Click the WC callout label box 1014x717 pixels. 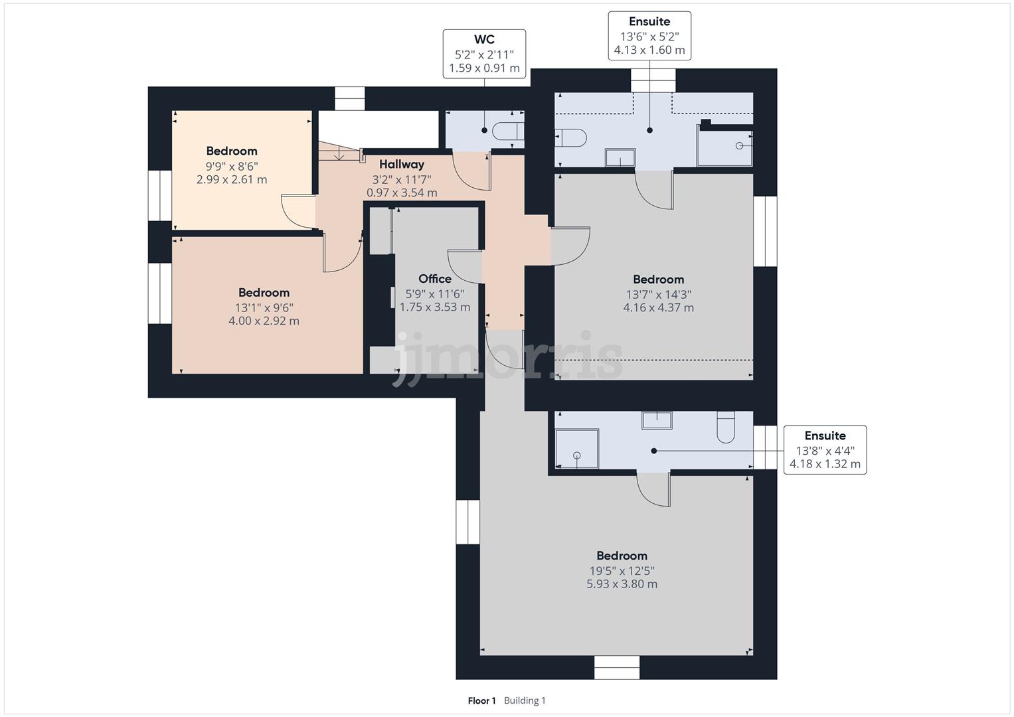coord(484,54)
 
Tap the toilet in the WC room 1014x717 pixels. coord(508,131)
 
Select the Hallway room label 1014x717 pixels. coord(402,164)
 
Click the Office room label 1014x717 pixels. coord(435,279)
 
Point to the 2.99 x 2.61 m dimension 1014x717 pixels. coord(232,179)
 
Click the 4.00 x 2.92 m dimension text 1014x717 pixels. coord(264,321)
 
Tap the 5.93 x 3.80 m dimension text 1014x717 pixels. coord(622,584)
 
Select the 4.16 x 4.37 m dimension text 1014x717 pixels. coord(658,307)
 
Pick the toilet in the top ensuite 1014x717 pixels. coord(571,137)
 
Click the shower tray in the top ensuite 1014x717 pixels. coord(724,145)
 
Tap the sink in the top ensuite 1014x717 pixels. coord(620,158)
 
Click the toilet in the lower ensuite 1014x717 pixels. coord(726,428)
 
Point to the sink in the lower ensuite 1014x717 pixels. coord(657,420)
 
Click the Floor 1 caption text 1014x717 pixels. coord(481,700)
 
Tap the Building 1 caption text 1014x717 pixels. coord(525,700)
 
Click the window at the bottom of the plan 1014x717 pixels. coord(617,667)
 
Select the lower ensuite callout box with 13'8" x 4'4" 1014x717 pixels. coord(825,449)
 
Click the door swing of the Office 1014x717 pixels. coord(464,265)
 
